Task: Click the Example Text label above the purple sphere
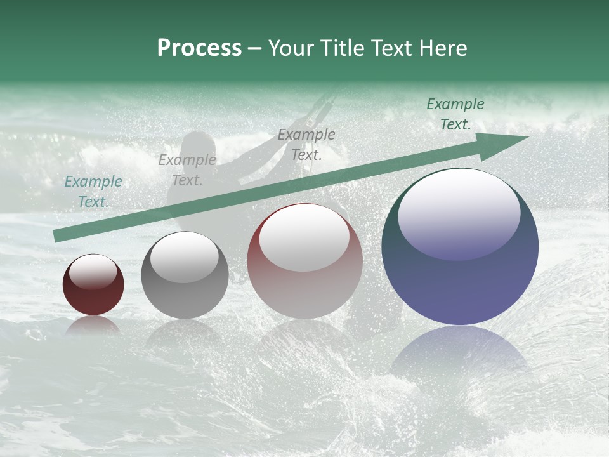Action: (x=455, y=114)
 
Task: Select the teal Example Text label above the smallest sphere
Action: (x=93, y=192)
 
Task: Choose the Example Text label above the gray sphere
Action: (x=187, y=170)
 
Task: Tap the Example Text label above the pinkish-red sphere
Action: (x=306, y=144)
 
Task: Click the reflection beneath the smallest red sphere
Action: (x=93, y=325)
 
